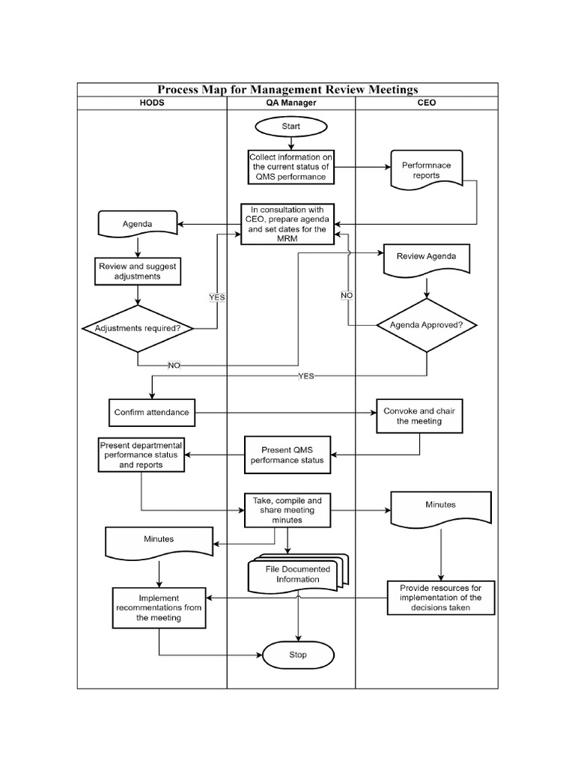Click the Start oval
click(290, 127)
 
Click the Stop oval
click(297, 655)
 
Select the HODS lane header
click(152, 103)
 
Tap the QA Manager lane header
click(290, 103)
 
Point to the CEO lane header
click(425, 103)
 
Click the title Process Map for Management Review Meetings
click(287, 90)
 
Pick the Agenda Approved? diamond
click(426, 325)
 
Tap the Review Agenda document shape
click(426, 258)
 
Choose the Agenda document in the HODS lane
click(137, 223)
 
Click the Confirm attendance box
click(151, 412)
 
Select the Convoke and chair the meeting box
click(412, 416)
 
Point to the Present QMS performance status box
click(287, 455)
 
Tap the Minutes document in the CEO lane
click(440, 508)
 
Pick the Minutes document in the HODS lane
click(159, 542)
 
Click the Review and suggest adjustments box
click(137, 270)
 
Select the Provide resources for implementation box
click(441, 598)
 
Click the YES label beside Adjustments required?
click(216, 297)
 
